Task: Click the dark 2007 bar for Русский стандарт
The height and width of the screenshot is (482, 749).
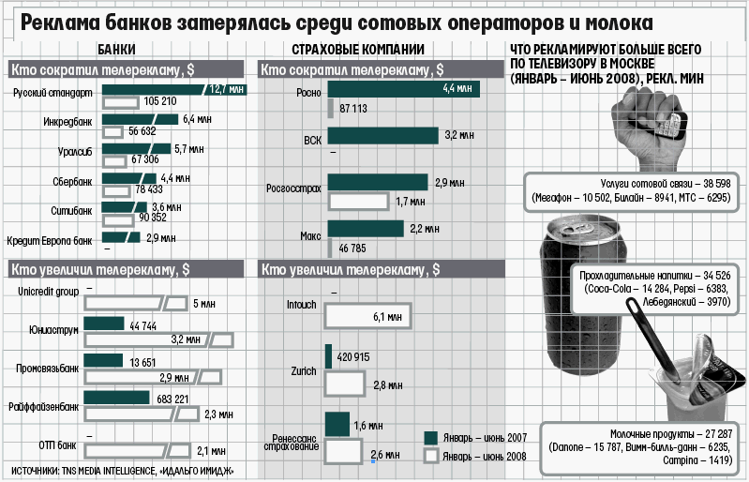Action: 150,90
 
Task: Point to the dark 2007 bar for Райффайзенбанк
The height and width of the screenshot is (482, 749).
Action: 116,398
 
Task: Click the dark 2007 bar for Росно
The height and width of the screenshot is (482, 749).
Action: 403,90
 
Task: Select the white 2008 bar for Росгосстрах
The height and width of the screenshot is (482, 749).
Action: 359,201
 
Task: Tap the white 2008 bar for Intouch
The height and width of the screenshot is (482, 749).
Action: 367,317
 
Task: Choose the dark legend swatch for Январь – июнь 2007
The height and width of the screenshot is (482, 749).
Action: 432,437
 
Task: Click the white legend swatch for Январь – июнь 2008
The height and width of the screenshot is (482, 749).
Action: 432,456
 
